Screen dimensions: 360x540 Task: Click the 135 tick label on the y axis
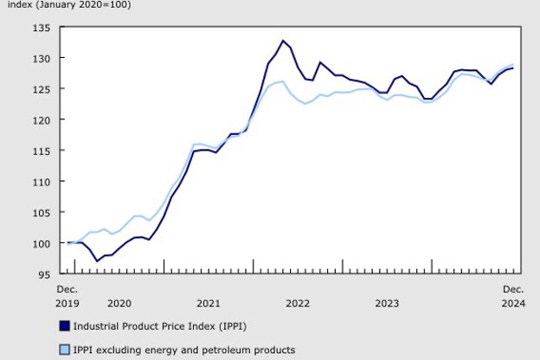(x=42, y=27)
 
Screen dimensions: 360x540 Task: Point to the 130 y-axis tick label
(x=42, y=58)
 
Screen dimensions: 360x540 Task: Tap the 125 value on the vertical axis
(x=42, y=89)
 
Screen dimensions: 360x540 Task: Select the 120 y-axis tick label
(x=42, y=119)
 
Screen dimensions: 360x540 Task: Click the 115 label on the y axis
(x=42, y=151)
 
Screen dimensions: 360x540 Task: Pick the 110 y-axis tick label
(x=42, y=182)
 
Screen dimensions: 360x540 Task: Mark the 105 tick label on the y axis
(x=42, y=212)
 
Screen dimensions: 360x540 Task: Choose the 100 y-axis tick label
(x=42, y=243)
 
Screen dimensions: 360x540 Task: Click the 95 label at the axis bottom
(x=45, y=274)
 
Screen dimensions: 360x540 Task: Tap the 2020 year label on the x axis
(x=119, y=304)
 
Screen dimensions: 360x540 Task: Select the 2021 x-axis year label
(x=208, y=304)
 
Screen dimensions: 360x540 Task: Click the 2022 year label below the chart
(x=298, y=304)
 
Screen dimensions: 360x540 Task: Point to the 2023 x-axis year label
(x=387, y=304)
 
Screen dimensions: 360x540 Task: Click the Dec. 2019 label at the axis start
(x=67, y=296)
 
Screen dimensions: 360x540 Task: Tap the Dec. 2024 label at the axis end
(x=513, y=296)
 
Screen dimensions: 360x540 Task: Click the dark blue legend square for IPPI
(x=63, y=326)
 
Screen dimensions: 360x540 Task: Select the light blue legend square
(x=63, y=350)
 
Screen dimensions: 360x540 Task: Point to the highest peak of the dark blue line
(x=283, y=41)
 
